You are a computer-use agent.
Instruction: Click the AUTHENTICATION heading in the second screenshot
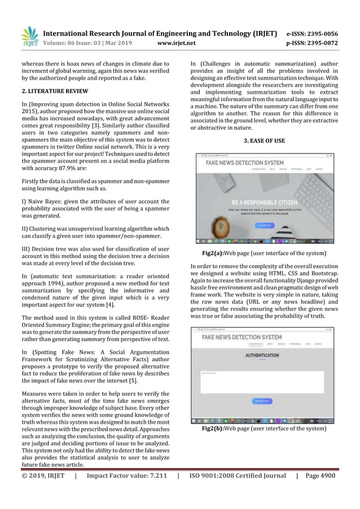click(262, 356)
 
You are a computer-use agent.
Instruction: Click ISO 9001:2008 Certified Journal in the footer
click(237, 475)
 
